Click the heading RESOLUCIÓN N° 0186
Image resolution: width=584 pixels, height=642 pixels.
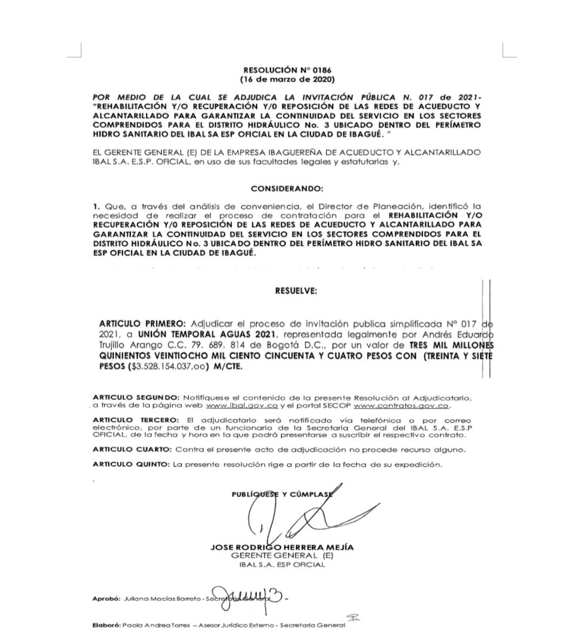click(287, 70)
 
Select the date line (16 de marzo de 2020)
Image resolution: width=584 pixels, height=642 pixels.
click(287, 79)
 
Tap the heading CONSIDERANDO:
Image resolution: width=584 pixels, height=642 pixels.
click(287, 189)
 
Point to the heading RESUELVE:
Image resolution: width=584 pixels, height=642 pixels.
click(296, 291)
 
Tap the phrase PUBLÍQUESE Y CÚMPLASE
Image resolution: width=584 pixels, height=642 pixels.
click(282, 494)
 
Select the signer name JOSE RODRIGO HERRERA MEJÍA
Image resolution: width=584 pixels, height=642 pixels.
click(282, 547)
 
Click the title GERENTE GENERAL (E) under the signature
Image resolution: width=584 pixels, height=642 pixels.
click(282, 556)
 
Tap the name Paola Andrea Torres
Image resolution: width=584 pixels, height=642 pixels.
click(156, 625)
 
